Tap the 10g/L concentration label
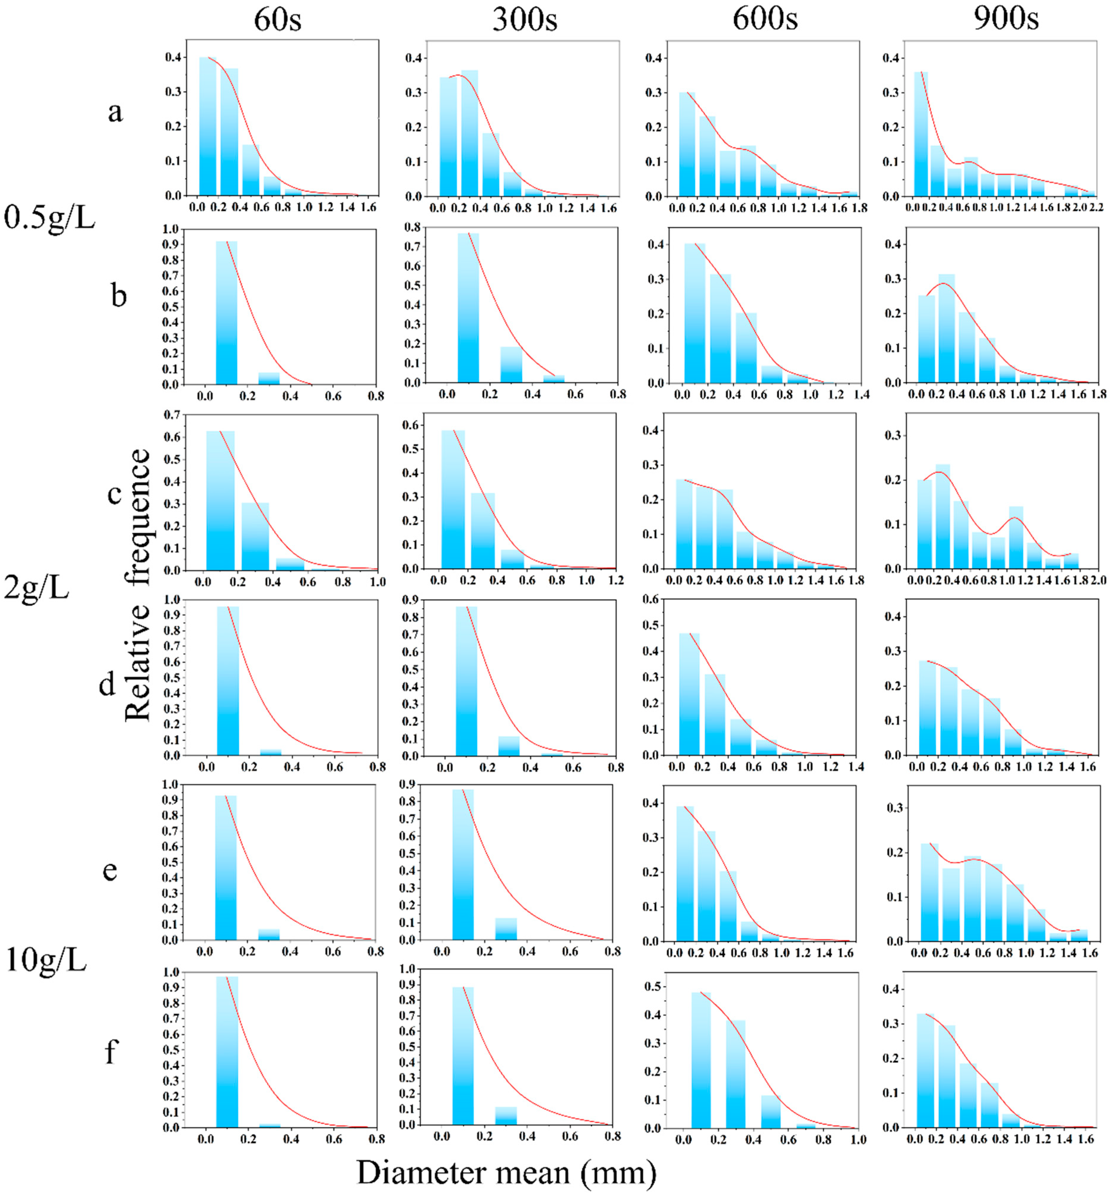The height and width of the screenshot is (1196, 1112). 46,959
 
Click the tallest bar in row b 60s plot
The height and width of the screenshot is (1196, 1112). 226,313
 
